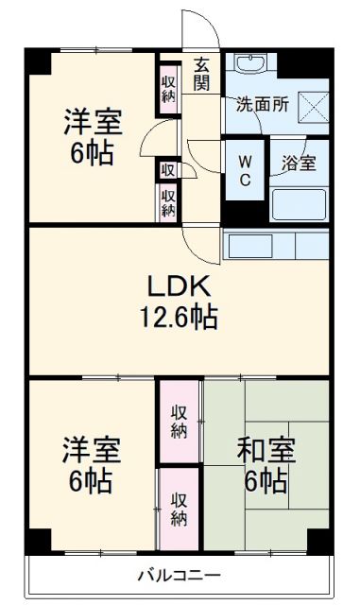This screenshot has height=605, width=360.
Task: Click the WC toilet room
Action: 244,171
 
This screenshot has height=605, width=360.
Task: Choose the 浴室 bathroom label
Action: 298,163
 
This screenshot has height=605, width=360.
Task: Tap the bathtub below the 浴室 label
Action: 298,203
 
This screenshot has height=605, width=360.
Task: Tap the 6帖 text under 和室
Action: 266,482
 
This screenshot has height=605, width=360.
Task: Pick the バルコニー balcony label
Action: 179,575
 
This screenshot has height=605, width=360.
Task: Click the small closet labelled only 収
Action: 167,169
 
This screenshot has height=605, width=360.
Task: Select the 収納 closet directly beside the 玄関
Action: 168,86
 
